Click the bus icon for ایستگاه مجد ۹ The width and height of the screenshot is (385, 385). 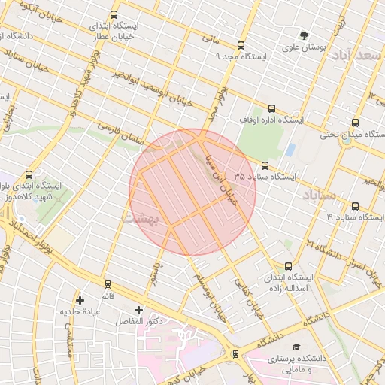coord(241,45)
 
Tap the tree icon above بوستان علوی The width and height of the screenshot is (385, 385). coord(304,35)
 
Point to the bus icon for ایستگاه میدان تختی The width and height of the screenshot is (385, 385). coord(355,124)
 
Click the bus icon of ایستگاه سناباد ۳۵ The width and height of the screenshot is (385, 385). coord(265,165)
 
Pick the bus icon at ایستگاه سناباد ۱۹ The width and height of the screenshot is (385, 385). coord(355,206)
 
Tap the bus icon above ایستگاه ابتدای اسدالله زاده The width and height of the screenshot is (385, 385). coord(289,265)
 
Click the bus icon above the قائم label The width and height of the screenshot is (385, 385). coord(108,284)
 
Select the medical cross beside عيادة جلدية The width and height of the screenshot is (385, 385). coord(80,300)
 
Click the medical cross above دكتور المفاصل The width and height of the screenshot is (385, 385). coord(138,310)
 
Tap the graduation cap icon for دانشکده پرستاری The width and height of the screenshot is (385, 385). coord(299,347)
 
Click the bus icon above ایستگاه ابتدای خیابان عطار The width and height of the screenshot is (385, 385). coord(114,14)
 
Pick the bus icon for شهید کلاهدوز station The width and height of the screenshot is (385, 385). coord(29,174)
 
